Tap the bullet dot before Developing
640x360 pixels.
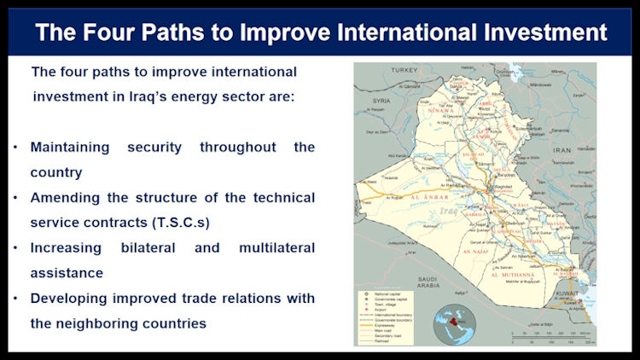pos(15,299)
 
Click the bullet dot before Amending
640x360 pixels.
pos(15,198)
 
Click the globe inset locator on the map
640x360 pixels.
pos(454,325)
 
